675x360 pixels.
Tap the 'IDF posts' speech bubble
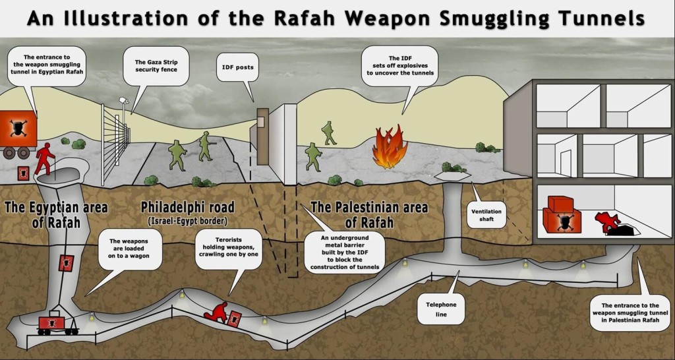pyautogui.click(x=237, y=67)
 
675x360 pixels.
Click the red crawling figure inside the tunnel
pyautogui.click(x=217, y=311)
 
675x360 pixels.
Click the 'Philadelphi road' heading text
pyautogui.click(x=188, y=208)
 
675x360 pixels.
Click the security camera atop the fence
pyautogui.click(x=123, y=100)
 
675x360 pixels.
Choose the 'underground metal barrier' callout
pyautogui.click(x=338, y=253)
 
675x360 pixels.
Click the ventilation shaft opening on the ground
pyautogui.click(x=452, y=175)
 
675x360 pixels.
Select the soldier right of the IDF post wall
pyautogui.click(x=313, y=157)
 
